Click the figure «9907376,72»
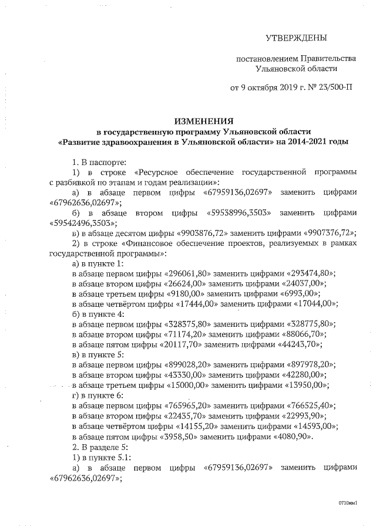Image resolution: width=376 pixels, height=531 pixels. click(x=330, y=232)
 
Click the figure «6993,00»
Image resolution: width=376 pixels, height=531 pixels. click(x=304, y=293)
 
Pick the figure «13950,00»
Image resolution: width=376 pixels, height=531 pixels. click(x=308, y=385)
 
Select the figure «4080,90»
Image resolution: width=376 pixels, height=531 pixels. click(x=293, y=436)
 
